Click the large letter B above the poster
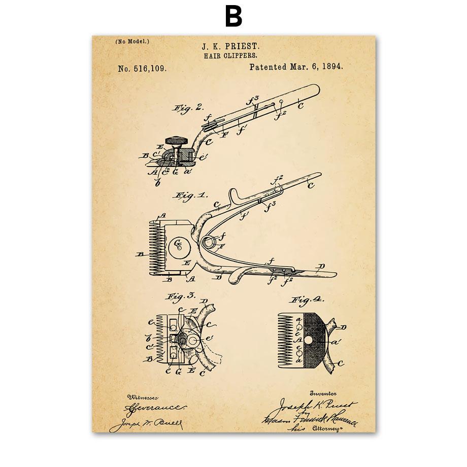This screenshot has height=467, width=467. pos(233,17)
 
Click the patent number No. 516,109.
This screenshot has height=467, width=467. pos(142,68)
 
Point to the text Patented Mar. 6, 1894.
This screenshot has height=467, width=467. pos(296,66)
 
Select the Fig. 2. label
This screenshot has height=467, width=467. pos(188,107)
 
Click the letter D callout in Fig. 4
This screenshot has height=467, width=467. pos(344,327)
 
